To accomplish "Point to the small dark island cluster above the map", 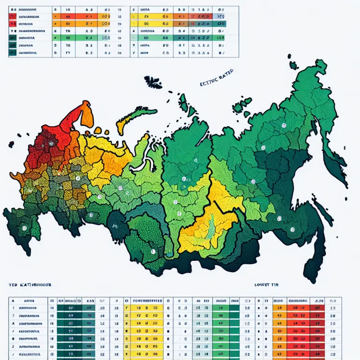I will [152, 82].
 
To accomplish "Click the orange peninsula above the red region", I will [86, 114].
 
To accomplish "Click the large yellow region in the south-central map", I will [206, 229].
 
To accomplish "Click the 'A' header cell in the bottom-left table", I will [13, 302].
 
